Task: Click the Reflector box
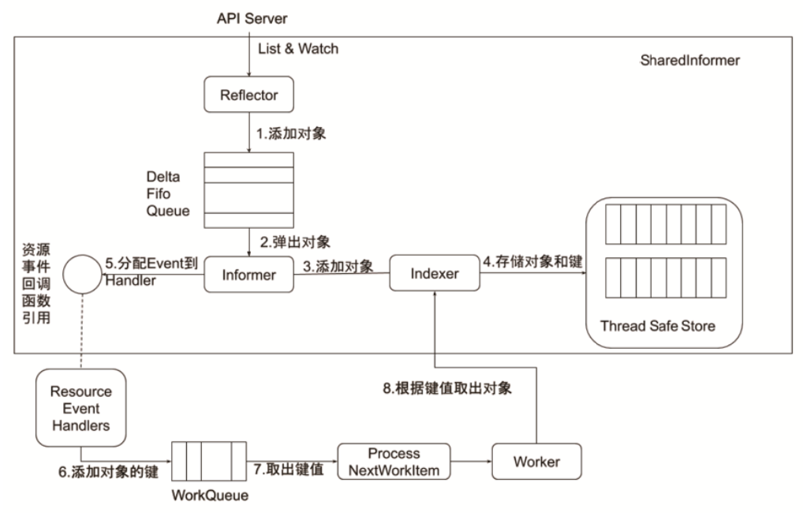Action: [x=249, y=95]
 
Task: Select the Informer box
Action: [x=249, y=275]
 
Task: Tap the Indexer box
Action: [x=435, y=274]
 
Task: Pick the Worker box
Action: [x=536, y=461]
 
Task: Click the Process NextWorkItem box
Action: [x=394, y=462]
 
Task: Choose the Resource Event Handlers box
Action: [x=80, y=408]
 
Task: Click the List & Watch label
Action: [x=298, y=49]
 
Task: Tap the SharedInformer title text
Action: [x=690, y=60]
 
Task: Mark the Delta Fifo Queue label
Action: [x=167, y=193]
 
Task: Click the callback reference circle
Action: [x=81, y=273]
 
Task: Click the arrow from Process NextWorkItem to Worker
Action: [x=470, y=462]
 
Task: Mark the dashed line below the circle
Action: [x=81, y=331]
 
